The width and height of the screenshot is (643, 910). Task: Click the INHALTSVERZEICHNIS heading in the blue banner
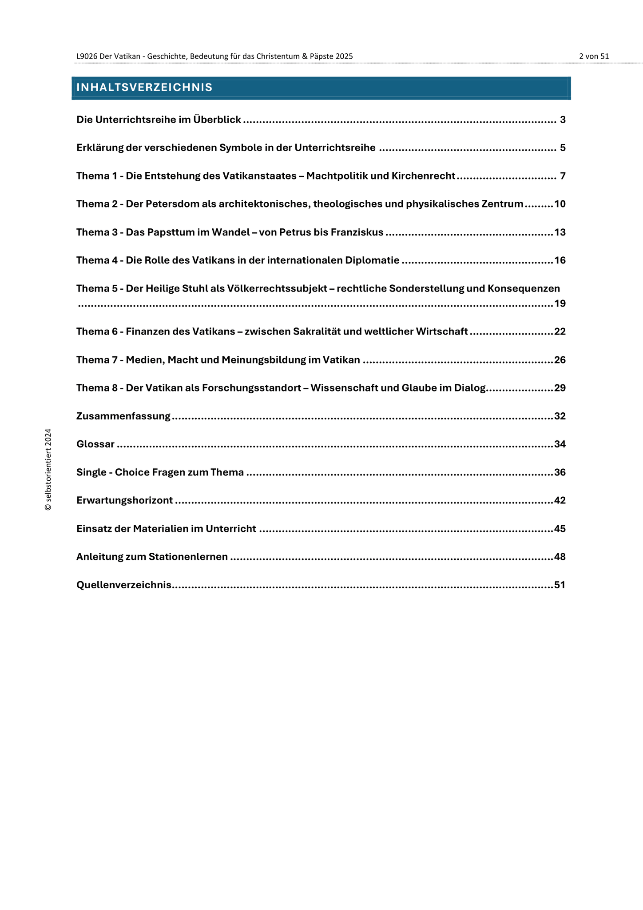[144, 88]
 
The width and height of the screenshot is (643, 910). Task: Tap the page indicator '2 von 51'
[594, 56]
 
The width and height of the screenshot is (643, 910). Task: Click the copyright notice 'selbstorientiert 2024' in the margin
[48, 470]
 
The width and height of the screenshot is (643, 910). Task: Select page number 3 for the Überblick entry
[563, 120]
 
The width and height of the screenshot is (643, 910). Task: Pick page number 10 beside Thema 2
[560, 204]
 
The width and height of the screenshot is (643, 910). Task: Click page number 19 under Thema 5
[560, 304]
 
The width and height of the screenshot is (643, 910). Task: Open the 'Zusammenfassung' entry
[123, 416]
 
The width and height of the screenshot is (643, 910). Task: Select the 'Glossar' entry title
[95, 444]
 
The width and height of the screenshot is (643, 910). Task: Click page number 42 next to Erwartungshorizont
[560, 501]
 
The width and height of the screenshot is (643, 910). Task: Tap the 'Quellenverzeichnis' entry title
[124, 585]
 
